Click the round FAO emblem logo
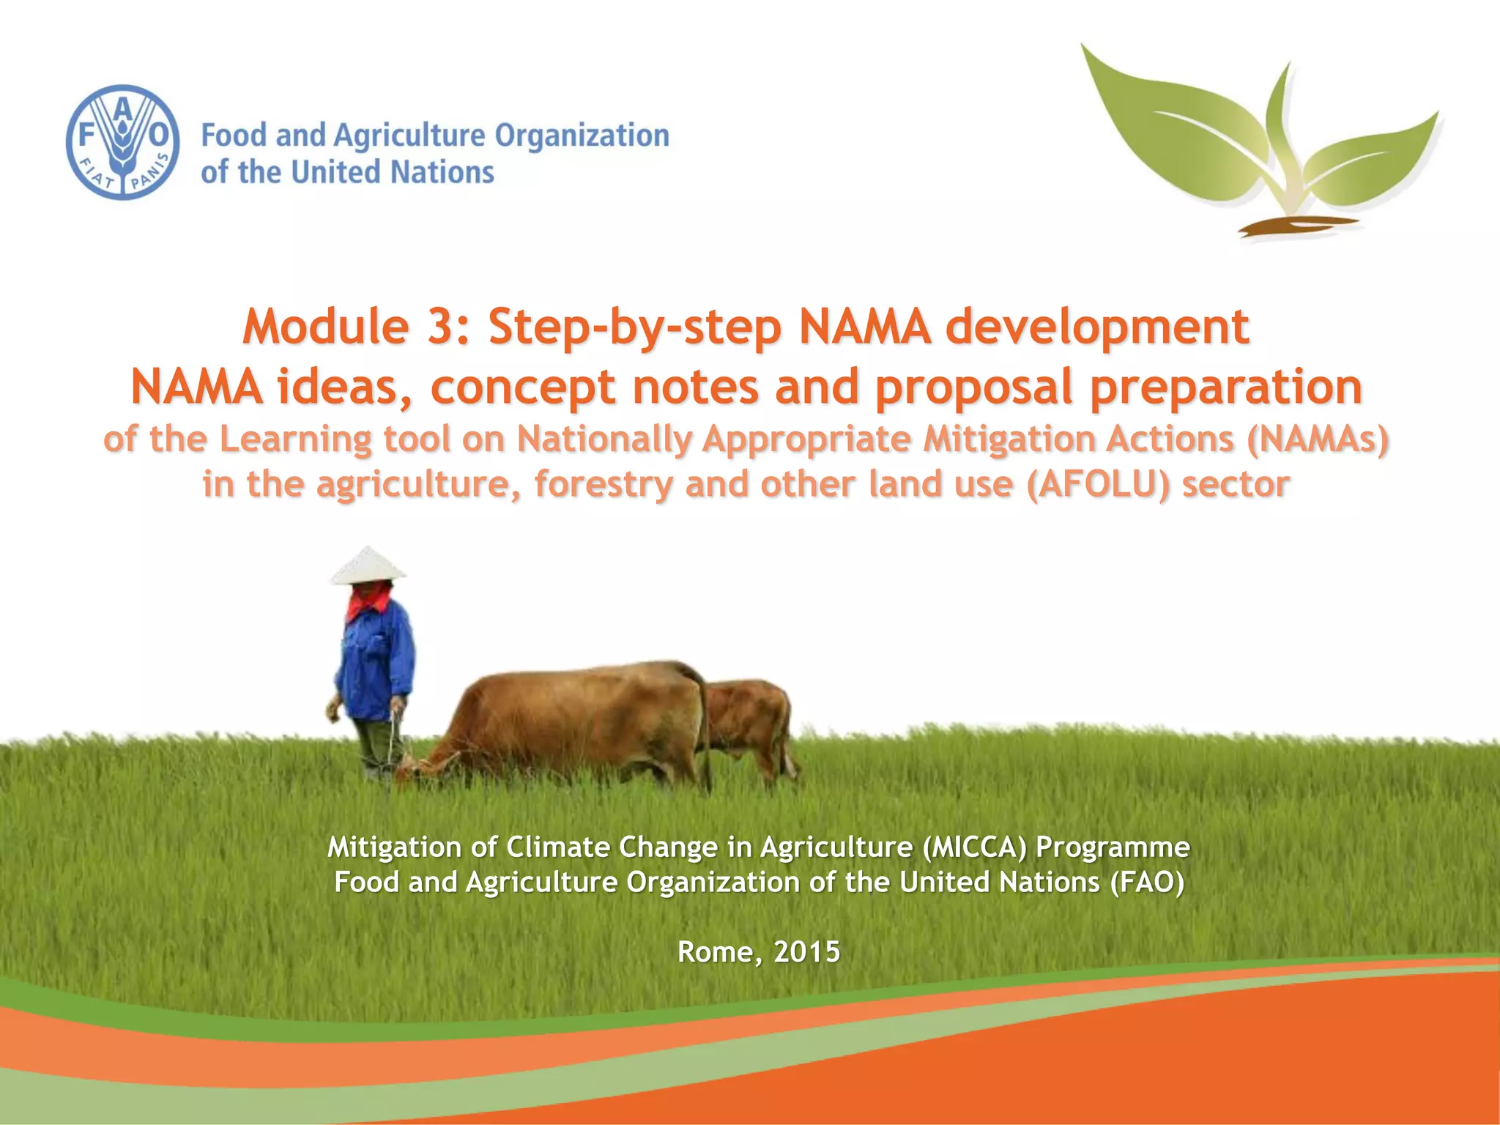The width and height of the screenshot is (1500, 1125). click(122, 142)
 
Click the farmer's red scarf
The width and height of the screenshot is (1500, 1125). click(368, 602)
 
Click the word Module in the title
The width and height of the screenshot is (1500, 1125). click(325, 327)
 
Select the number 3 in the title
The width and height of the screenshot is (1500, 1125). click(442, 327)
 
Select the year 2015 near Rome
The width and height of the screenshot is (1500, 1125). click(806, 951)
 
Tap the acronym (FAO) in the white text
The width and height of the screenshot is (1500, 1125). click(1146, 882)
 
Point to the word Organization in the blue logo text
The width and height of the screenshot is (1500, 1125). click(582, 136)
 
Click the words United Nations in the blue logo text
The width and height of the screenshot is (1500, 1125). click(393, 173)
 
